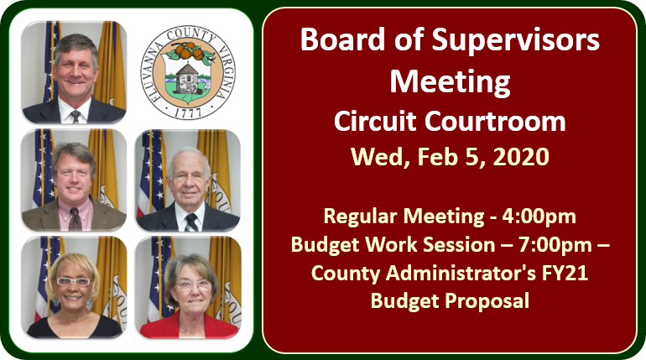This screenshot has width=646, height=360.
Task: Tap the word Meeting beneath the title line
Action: (450, 82)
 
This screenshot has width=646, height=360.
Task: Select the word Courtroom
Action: (495, 122)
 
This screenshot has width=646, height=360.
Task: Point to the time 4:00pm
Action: (539, 217)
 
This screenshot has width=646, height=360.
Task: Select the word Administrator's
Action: (461, 273)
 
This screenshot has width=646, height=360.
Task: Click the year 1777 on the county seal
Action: (188, 113)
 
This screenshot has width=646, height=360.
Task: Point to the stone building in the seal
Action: (186, 78)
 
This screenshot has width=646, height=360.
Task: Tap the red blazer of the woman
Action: (189, 327)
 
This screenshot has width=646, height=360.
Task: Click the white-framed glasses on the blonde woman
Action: (73, 282)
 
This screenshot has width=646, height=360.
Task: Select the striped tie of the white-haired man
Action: (191, 222)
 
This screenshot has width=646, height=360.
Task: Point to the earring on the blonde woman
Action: (90, 304)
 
